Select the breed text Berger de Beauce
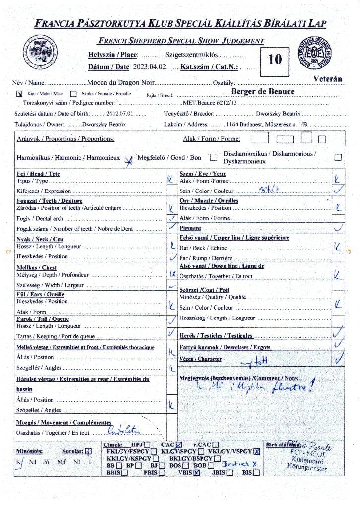[262, 92]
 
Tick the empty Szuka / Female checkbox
[73, 93]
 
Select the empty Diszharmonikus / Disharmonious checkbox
[338, 157]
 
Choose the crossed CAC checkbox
[179, 444]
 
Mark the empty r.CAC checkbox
[216, 444]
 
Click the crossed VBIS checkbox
[197, 473]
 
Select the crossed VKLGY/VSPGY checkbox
[257, 451]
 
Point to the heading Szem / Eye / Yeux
[202, 174]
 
